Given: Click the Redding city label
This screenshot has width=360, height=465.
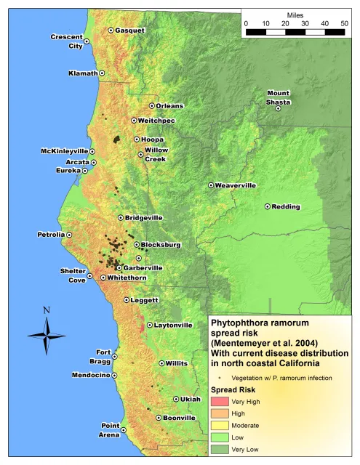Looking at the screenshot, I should pyautogui.click(x=286, y=207).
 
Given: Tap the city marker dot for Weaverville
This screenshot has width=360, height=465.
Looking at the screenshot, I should pyautogui.click(x=212, y=185).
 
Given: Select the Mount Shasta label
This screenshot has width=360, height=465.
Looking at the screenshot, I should pyautogui.click(x=278, y=97).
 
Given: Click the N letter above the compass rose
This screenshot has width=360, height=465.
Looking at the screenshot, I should pyautogui.click(x=47, y=310).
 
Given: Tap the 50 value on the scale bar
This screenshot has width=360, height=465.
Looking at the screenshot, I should pyautogui.click(x=344, y=24).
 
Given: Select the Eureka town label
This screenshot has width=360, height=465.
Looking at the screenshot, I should pyautogui.click(x=68, y=170).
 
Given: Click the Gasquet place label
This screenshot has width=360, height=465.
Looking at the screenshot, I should pyautogui.click(x=131, y=31).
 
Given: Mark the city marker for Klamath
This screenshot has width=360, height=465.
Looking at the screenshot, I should pyautogui.click(x=102, y=73).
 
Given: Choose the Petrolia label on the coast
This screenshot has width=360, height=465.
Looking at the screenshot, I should pyautogui.click(x=50, y=235).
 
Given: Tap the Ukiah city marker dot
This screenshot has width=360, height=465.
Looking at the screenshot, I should pyautogui.click(x=176, y=399).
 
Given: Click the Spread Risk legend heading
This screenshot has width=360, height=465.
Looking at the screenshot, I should pyautogui.click(x=232, y=389).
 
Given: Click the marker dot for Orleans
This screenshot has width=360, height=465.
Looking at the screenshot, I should pyautogui.click(x=152, y=106).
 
